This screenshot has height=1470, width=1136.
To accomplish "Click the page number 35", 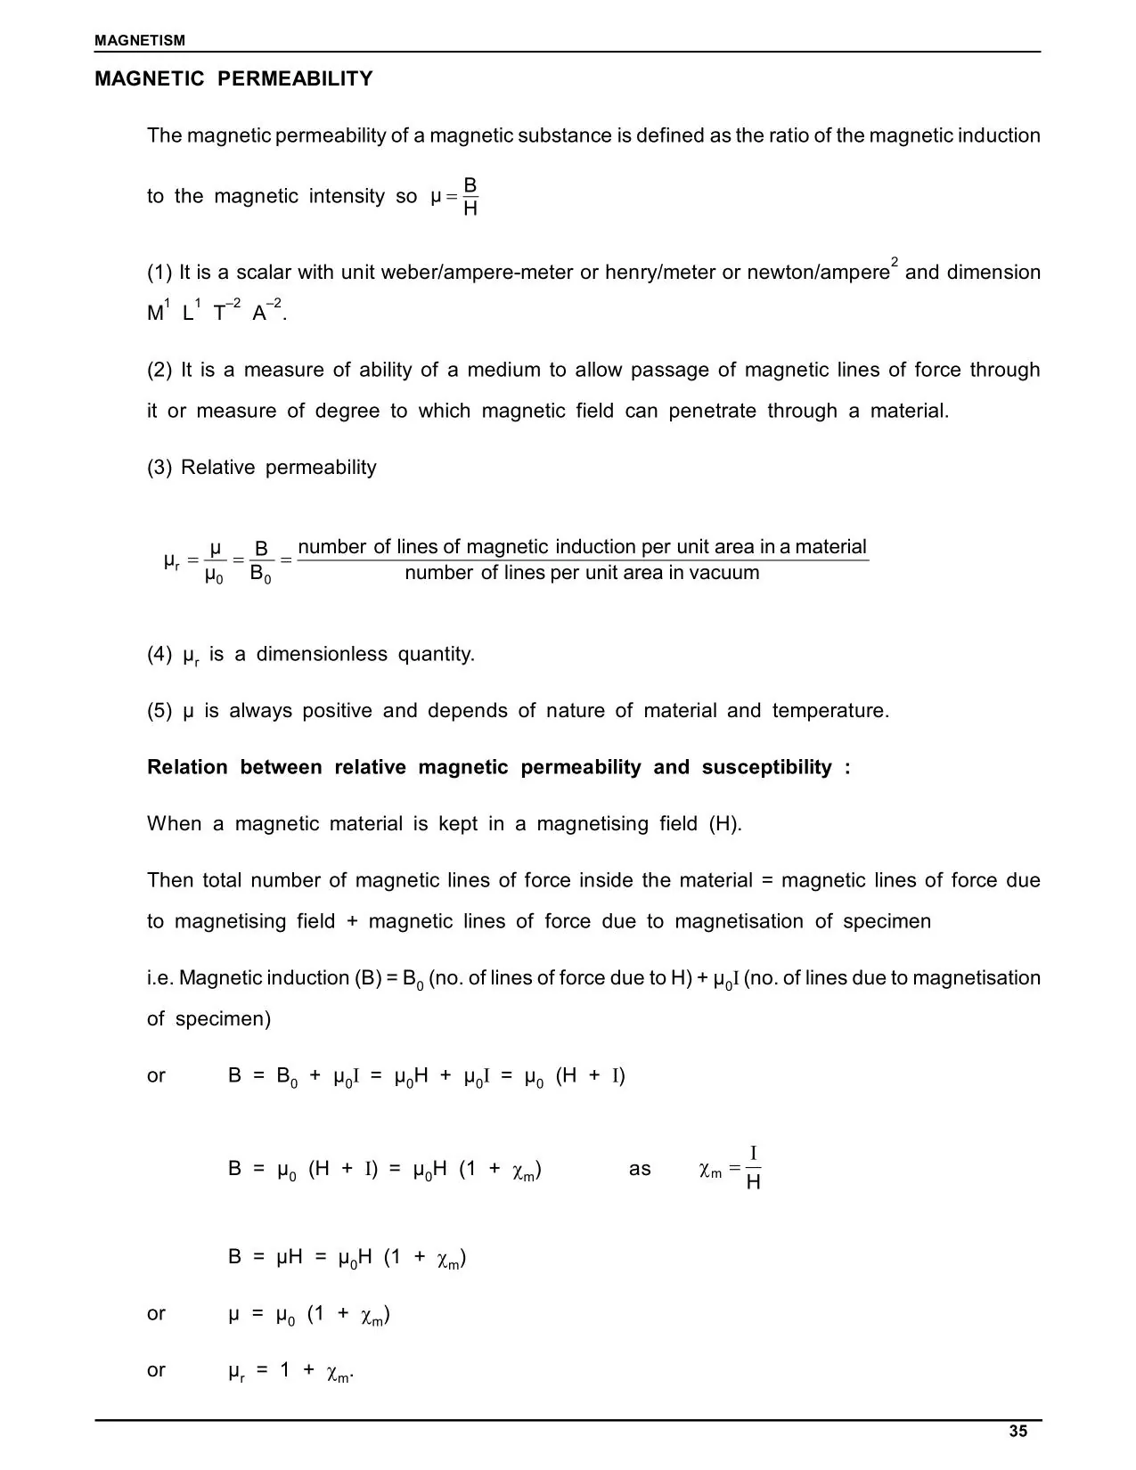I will (1018, 1431).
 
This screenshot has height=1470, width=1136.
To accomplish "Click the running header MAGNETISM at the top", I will (140, 40).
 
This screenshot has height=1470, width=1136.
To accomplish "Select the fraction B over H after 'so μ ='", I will (470, 197).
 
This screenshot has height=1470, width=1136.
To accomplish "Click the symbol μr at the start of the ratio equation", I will (172, 561).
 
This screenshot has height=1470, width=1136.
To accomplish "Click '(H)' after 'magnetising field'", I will (724, 824).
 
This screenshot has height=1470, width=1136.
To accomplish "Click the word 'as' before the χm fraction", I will (640, 1169).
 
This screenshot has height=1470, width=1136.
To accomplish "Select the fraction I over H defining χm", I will (753, 1169).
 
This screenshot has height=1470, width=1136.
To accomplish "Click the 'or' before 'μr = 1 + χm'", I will (156, 1369).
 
